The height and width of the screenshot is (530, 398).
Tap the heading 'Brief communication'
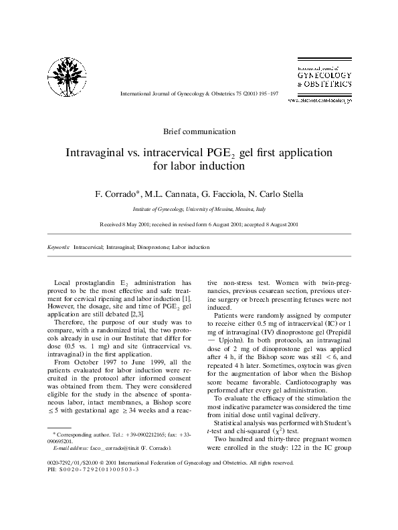tap(199, 131)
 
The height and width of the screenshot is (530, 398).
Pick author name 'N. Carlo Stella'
tap(276, 194)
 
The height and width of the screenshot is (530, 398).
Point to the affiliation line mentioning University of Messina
tap(199, 208)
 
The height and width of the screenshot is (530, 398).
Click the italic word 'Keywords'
tap(58, 247)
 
